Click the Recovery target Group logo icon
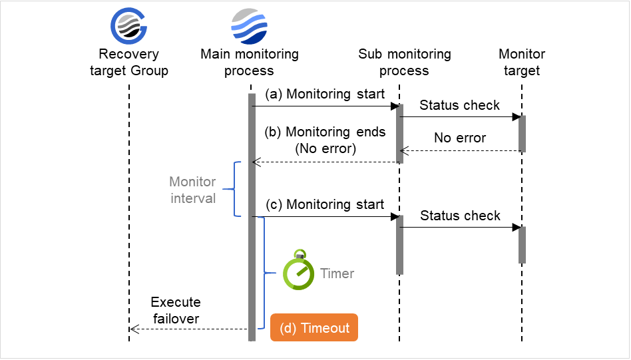pyautogui.click(x=128, y=26)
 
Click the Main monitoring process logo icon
pyautogui.click(x=249, y=26)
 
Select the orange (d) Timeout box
pyautogui.click(x=314, y=328)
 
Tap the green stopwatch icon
pyautogui.click(x=298, y=271)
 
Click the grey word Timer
pyautogui.click(x=337, y=273)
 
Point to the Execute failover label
pyautogui.click(x=176, y=310)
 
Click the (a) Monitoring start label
pyautogui.click(x=325, y=94)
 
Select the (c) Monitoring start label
pyautogui.click(x=325, y=205)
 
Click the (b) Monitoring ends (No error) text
pyautogui.click(x=325, y=140)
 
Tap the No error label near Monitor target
pyautogui.click(x=460, y=138)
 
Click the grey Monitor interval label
pyautogui.click(x=192, y=190)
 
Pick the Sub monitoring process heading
pyautogui.click(x=404, y=63)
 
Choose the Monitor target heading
pyautogui.click(x=522, y=63)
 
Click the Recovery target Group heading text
pyautogui.click(x=129, y=63)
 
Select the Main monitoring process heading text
pyautogui.click(x=250, y=63)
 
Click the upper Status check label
pyautogui.click(x=460, y=106)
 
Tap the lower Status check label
pyautogui.click(x=460, y=216)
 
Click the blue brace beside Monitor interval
pyautogui.click(x=233, y=189)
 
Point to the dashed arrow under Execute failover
pyautogui.click(x=189, y=329)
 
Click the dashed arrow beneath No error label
pyautogui.click(x=459, y=151)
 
